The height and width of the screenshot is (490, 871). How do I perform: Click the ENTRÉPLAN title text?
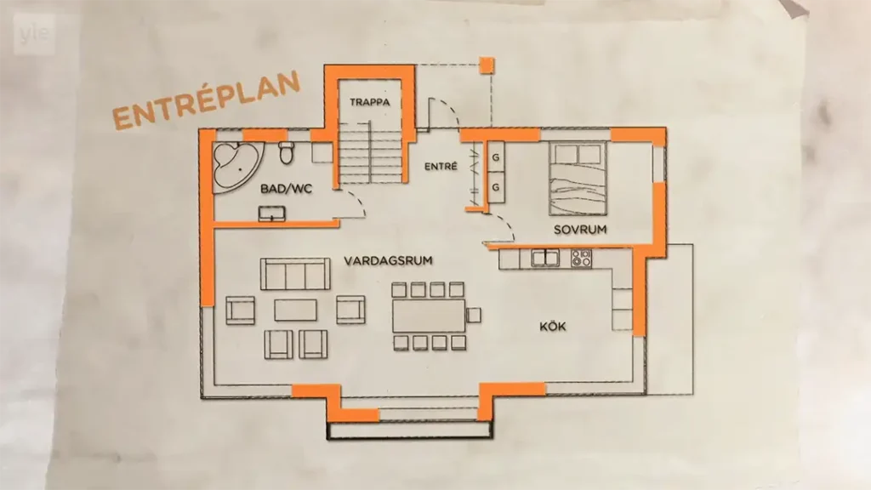coord(207,102)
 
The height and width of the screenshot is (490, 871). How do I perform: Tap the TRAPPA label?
coord(370,102)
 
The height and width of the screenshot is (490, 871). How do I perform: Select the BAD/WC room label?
coord(286,189)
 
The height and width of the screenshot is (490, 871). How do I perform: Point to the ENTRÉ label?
coord(441,166)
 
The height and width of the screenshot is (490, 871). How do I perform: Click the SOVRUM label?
coord(580,230)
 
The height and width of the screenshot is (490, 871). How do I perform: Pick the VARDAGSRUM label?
coord(388,260)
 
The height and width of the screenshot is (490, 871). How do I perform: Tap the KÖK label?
coord(553,326)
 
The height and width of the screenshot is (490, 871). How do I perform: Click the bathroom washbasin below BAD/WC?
coord(272,214)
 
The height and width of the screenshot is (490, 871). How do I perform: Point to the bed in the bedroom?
coord(578,179)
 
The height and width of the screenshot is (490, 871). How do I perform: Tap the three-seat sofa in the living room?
coord(295,274)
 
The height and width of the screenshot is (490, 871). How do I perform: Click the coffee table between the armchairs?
coord(295,310)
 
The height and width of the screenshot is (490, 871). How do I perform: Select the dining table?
coord(429,316)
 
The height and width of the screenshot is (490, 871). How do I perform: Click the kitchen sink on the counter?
coord(545,258)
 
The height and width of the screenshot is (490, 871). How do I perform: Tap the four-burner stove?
coord(582,258)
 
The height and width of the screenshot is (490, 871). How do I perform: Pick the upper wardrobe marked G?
coord(496,157)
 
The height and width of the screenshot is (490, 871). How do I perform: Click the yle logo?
coord(34,34)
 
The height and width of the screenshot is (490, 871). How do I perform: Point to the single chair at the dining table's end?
coord(474,315)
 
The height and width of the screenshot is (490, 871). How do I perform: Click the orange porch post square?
coord(487,65)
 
